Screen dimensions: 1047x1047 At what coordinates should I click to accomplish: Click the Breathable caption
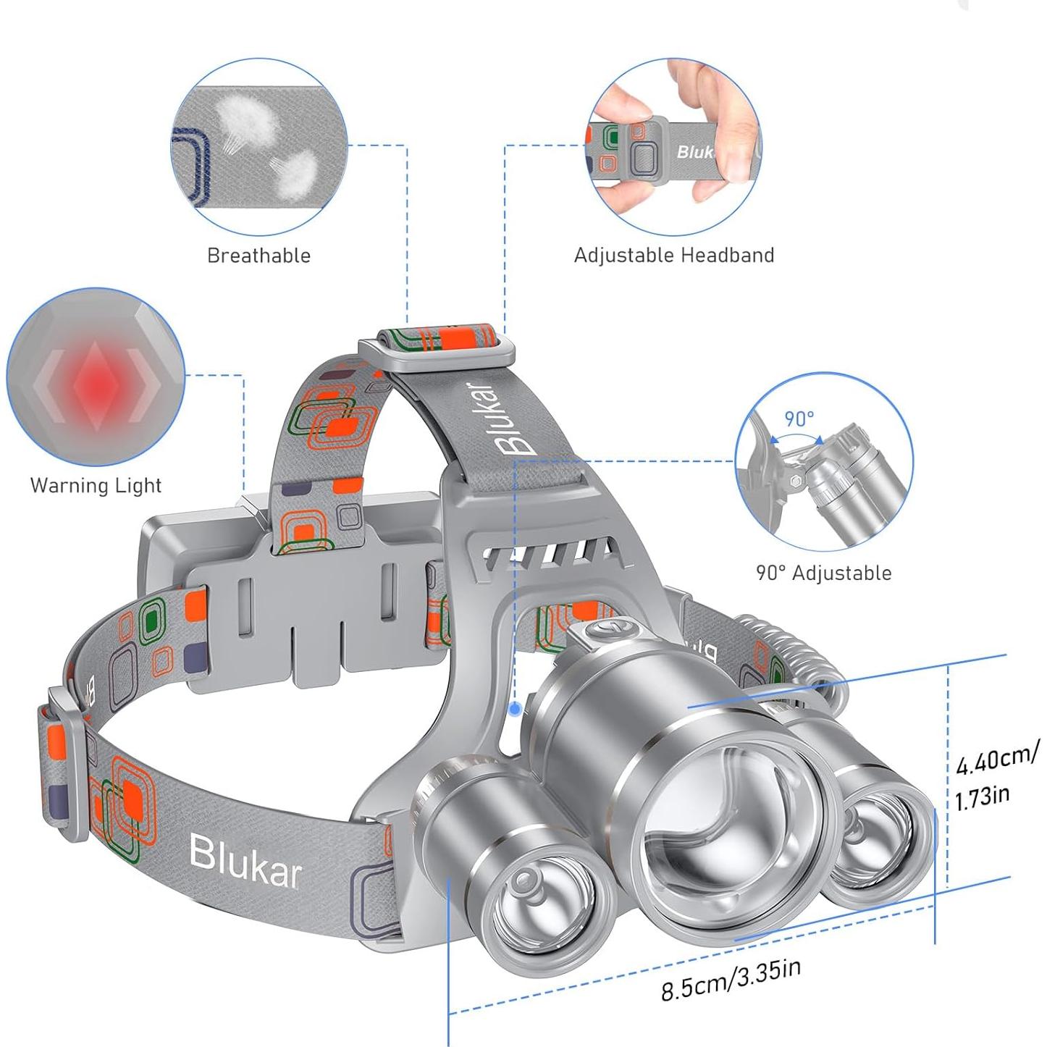point(258,256)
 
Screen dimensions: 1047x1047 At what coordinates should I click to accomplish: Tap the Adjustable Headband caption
point(673,255)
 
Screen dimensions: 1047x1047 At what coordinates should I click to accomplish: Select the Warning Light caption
point(96,485)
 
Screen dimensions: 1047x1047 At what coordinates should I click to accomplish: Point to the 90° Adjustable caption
point(824,573)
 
